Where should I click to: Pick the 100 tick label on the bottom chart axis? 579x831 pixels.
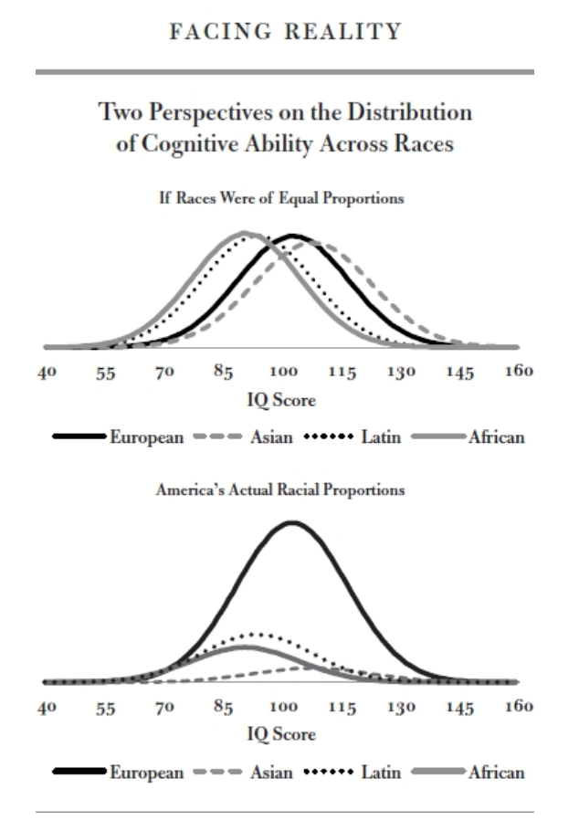pos(284,707)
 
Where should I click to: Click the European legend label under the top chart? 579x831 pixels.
pos(147,437)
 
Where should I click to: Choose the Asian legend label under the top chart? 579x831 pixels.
pos(271,437)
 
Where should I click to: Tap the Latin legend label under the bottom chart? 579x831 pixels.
pos(380,773)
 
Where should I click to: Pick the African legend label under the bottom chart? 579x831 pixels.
pos(496,773)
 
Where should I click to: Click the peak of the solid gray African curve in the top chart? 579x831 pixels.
pos(244,233)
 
